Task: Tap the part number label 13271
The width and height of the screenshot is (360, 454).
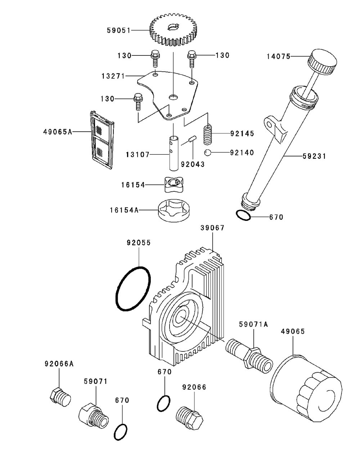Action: click(x=113, y=76)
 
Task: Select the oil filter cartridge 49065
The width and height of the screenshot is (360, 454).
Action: click(x=306, y=389)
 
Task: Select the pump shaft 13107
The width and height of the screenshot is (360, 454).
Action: click(x=174, y=153)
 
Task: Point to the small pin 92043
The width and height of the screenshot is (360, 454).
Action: click(x=192, y=139)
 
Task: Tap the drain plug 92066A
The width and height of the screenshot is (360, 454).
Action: click(x=59, y=396)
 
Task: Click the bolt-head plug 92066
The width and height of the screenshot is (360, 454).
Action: click(x=190, y=418)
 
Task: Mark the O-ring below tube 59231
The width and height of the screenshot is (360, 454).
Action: click(x=244, y=215)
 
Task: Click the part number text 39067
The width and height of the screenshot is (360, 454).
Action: click(x=212, y=228)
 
